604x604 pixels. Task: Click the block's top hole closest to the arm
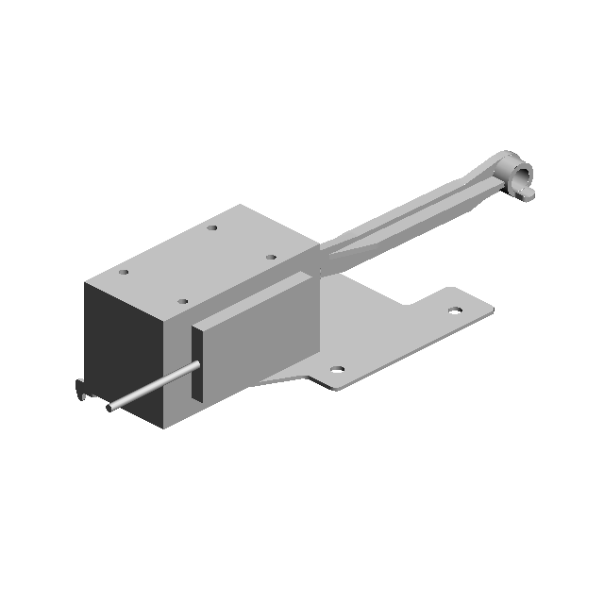(271, 256)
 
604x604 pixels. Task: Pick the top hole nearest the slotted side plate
(183, 302)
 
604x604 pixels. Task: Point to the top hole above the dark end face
(123, 273)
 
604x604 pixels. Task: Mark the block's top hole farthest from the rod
(213, 227)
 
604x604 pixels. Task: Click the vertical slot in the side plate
(196, 363)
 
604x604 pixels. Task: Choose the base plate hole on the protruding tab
(455, 309)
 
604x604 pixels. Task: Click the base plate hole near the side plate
(337, 370)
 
